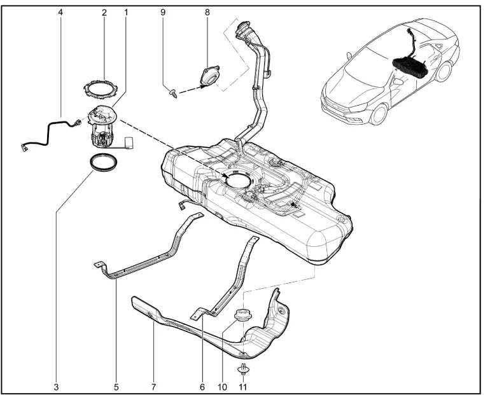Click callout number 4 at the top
60,13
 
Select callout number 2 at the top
104,13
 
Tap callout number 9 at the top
163,13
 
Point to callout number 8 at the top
207,13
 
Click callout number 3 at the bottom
56,387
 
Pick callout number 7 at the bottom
153,387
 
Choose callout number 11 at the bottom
243,387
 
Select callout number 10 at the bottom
222,387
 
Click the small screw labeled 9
173,93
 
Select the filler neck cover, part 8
209,75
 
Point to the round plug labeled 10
243,314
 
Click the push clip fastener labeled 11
244,370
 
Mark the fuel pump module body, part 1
102,127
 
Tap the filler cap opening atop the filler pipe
243,25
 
